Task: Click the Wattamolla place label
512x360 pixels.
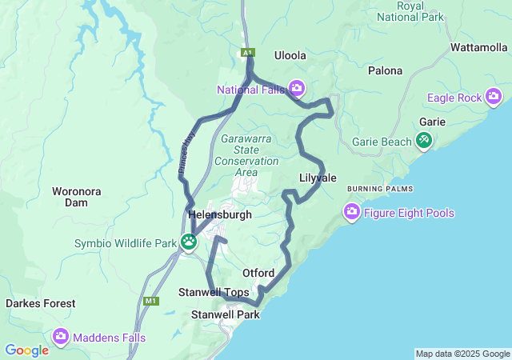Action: point(479,47)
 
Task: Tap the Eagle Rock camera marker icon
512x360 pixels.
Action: point(494,98)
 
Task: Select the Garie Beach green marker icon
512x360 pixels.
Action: point(423,142)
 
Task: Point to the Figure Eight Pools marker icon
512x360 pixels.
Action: point(351,213)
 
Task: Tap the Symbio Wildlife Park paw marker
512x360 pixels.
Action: point(189,242)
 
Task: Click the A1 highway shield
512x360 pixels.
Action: point(248,53)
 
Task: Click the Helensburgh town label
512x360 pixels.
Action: point(220,215)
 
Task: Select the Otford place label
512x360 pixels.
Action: point(258,274)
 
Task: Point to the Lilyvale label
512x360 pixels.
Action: point(318,178)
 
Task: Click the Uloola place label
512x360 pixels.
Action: point(290,55)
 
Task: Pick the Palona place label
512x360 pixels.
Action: point(385,70)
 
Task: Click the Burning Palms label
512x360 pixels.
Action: point(380,189)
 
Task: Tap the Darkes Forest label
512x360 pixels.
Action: point(41,304)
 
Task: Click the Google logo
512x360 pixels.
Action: point(26,350)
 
